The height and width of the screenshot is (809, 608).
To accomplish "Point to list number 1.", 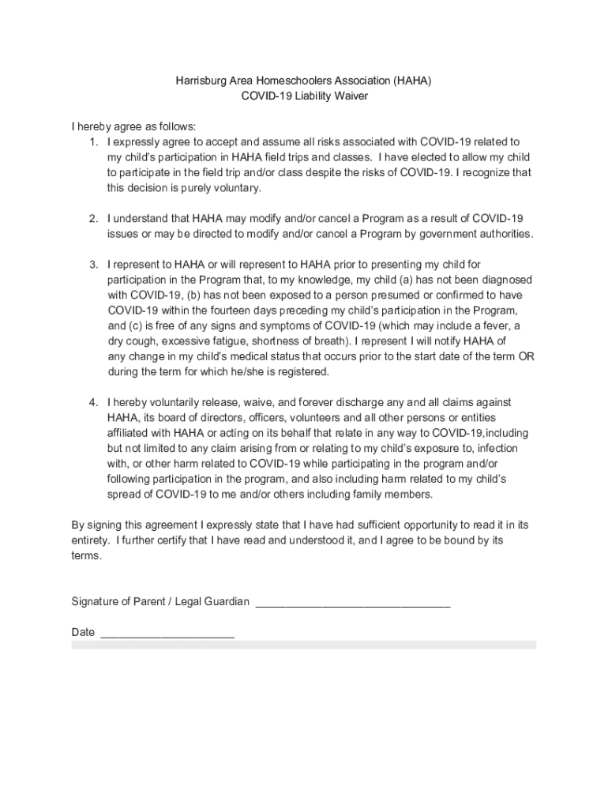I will point(93,142).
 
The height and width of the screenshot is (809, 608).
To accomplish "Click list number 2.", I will point(93,218).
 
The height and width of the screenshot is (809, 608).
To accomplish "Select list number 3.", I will point(93,264).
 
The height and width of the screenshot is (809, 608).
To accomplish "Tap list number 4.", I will point(93,402).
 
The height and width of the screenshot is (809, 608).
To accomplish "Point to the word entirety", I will point(89,540).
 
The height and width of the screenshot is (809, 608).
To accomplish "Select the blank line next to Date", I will point(167,634).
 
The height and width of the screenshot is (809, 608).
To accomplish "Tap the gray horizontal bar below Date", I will point(304,645).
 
